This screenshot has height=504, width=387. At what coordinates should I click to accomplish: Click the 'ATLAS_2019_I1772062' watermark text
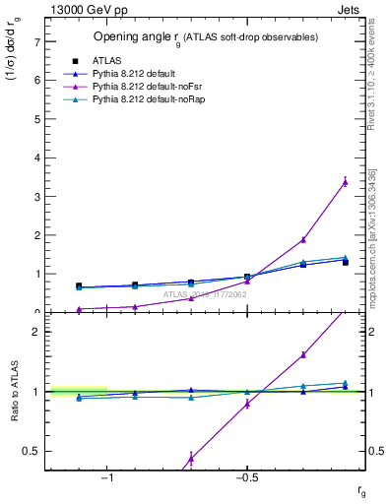coord(205,294)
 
